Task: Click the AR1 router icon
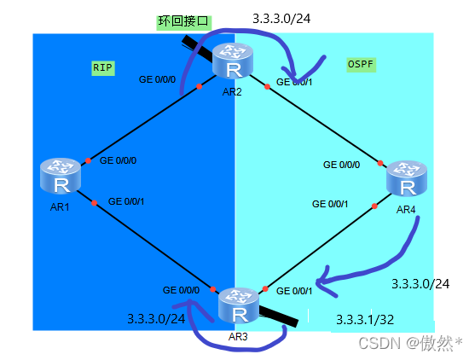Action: [x=60, y=176]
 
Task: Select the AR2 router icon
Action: [x=234, y=61]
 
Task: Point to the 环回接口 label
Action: [x=182, y=20]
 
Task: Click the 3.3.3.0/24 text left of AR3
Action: [x=156, y=319]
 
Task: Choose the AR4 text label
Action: [x=406, y=210]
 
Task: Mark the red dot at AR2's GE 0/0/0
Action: [x=198, y=86]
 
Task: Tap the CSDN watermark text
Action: [x=408, y=342]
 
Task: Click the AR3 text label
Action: [x=238, y=337]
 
